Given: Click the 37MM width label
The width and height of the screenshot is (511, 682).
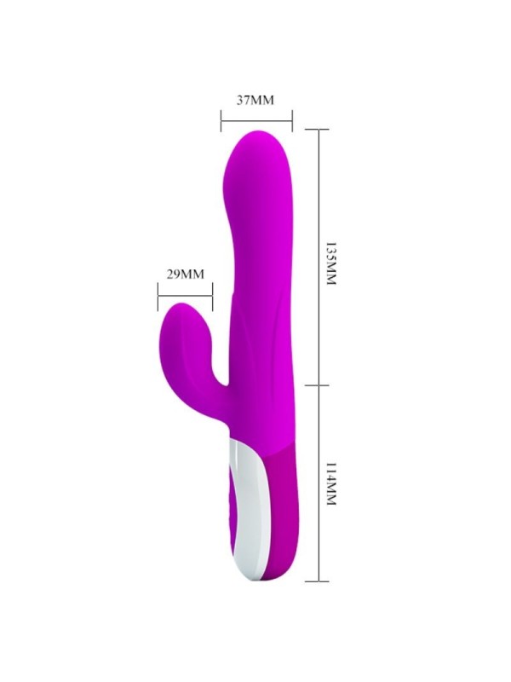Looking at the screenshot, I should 255,100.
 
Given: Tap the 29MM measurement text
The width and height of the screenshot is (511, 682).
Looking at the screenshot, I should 185,274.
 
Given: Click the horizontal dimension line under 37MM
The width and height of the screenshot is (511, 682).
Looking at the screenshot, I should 255,118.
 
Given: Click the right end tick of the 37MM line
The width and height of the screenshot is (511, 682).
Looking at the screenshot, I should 292,118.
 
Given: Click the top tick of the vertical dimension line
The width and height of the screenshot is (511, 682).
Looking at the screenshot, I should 317,130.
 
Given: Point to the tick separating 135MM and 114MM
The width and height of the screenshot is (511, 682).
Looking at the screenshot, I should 317,383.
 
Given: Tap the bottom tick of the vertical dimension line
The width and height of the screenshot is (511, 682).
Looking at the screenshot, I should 317,582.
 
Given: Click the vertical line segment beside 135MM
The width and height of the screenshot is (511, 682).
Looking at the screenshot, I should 317,256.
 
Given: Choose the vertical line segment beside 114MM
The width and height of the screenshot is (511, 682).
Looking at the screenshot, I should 317,483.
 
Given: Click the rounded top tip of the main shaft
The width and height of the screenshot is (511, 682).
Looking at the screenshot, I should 259,136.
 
